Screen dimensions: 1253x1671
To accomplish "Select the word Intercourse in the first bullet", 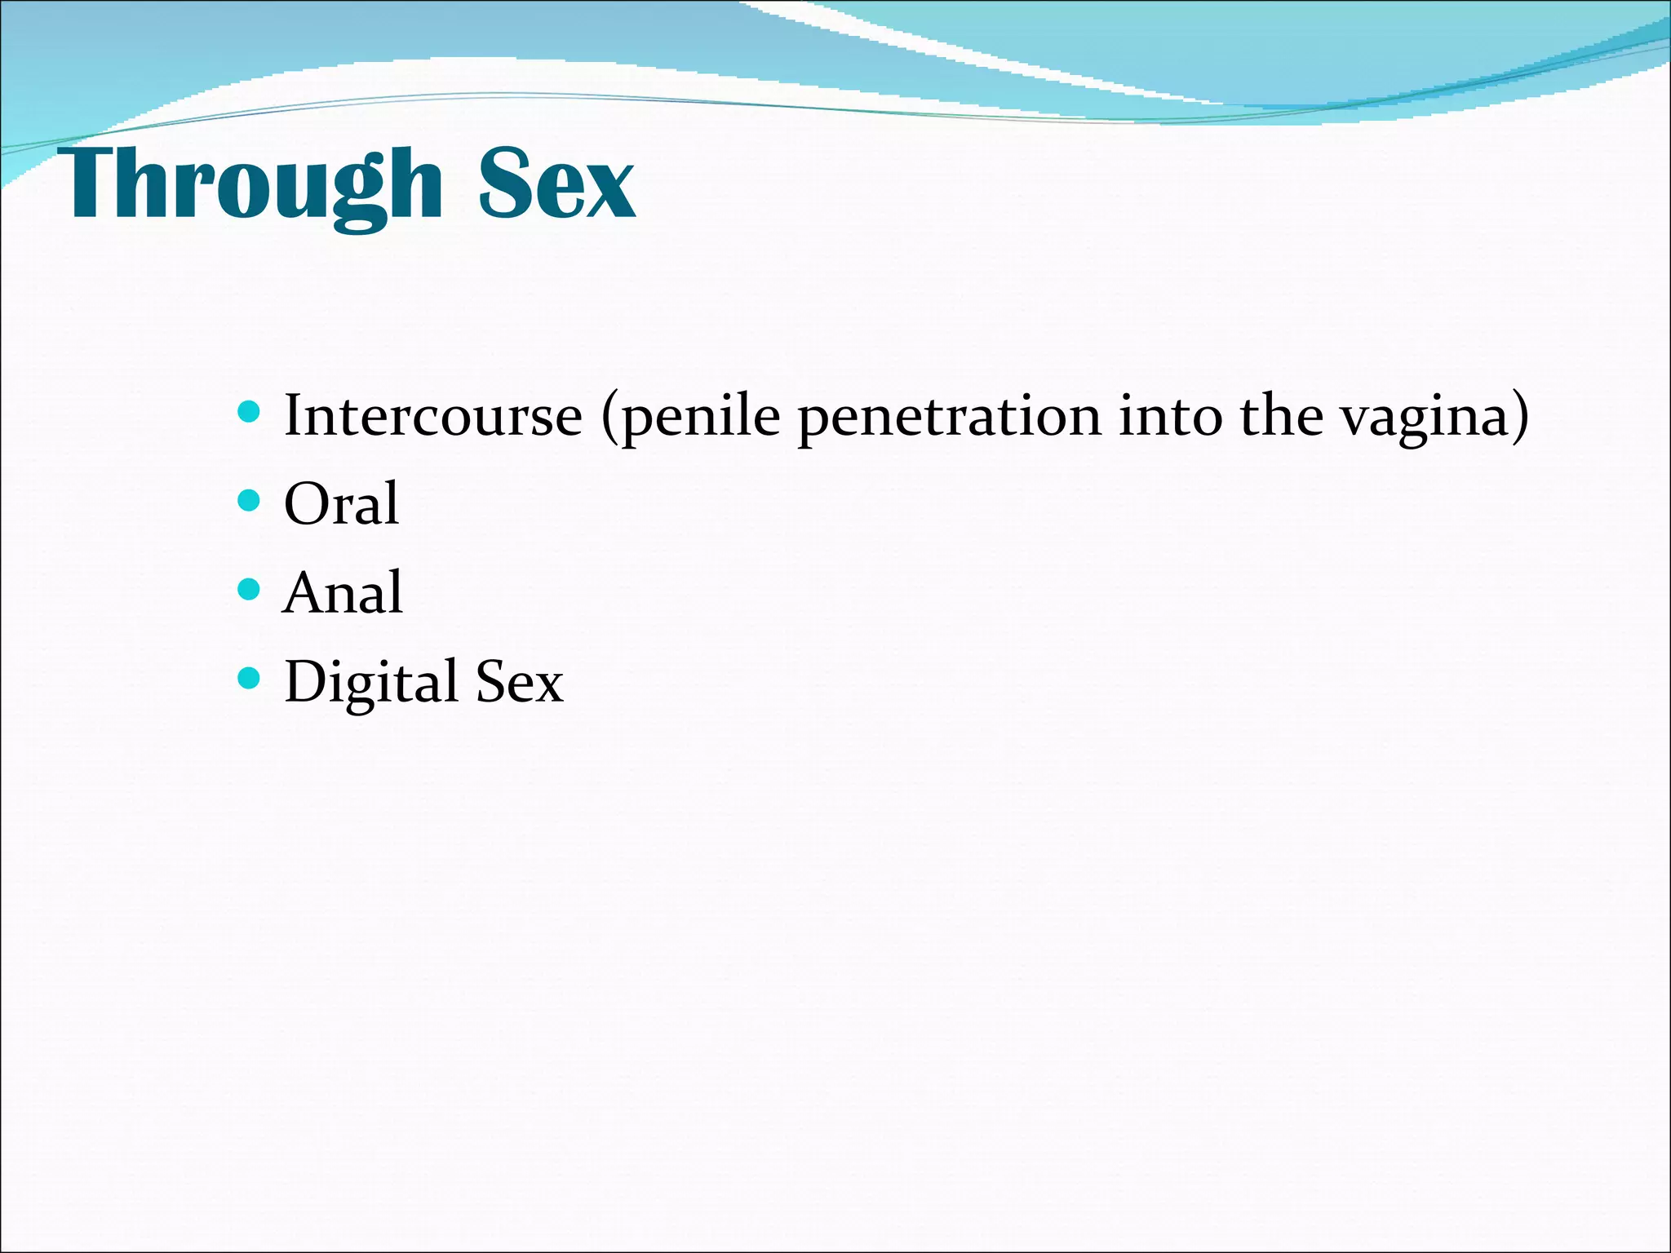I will click(432, 416).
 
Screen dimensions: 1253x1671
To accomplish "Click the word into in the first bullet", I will click(1171, 416).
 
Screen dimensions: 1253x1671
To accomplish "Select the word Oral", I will click(341, 503).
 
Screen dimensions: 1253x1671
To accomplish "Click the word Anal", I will click(343, 592).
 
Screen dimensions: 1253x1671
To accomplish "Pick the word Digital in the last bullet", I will click(370, 682).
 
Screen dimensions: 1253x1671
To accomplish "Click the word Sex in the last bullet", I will click(519, 682).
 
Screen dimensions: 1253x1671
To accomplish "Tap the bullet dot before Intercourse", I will click(248, 410).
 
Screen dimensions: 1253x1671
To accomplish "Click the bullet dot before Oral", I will click(248, 499).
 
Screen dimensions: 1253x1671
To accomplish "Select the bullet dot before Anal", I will click(248, 588).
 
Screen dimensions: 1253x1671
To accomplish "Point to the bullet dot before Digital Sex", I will click(248, 677).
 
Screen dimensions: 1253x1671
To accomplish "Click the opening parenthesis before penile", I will click(609, 418).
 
